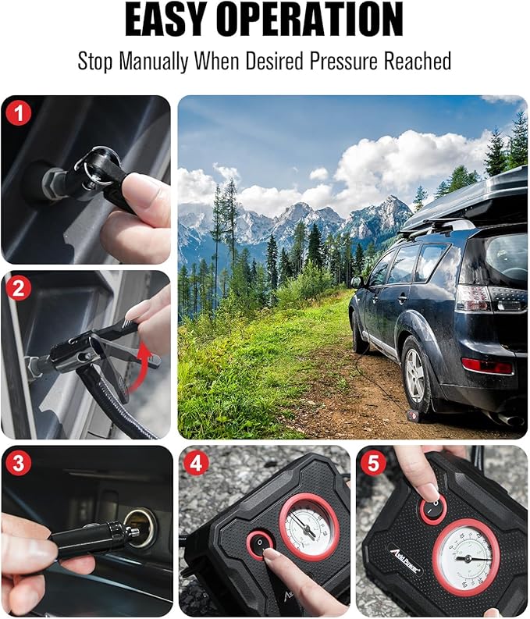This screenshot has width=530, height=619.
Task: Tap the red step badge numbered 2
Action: [18, 288]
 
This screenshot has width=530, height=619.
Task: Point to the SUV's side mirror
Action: [357, 282]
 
